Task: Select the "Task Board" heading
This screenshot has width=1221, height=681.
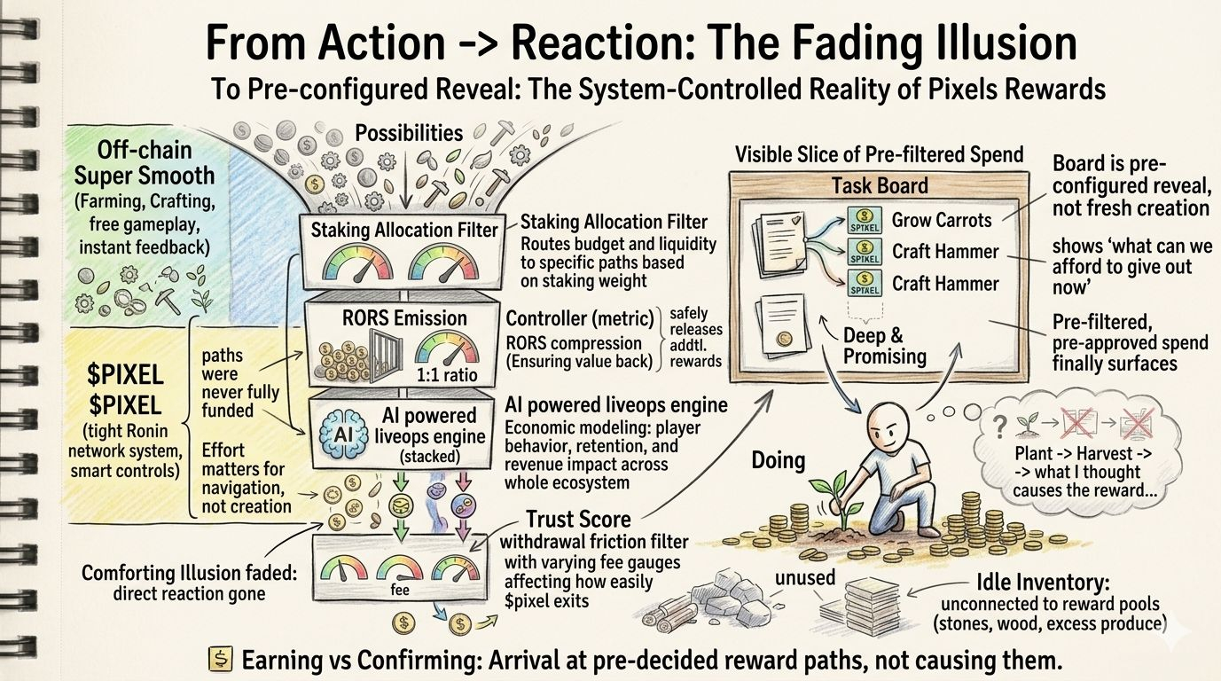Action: coord(879,185)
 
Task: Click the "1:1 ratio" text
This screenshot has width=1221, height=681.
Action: coord(446,374)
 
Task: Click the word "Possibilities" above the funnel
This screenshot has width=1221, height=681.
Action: coord(408,133)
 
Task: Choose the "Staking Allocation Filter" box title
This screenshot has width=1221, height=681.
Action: coord(404,231)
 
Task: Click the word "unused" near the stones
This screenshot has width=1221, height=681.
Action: coord(804,578)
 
